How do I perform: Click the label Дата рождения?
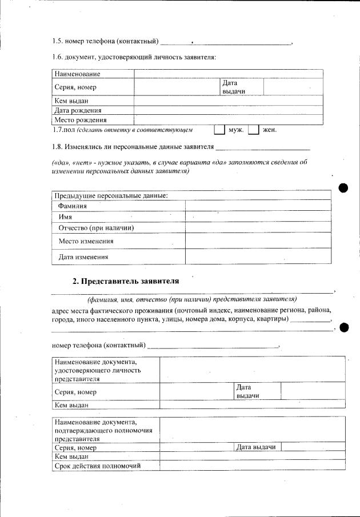click(78, 111)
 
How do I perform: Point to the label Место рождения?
click(80, 121)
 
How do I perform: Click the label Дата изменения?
click(83, 257)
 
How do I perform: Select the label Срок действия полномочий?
click(97, 465)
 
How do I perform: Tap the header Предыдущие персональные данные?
click(111, 195)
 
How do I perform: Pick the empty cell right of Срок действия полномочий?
click(252, 465)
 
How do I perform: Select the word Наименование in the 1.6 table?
click(77, 74)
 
